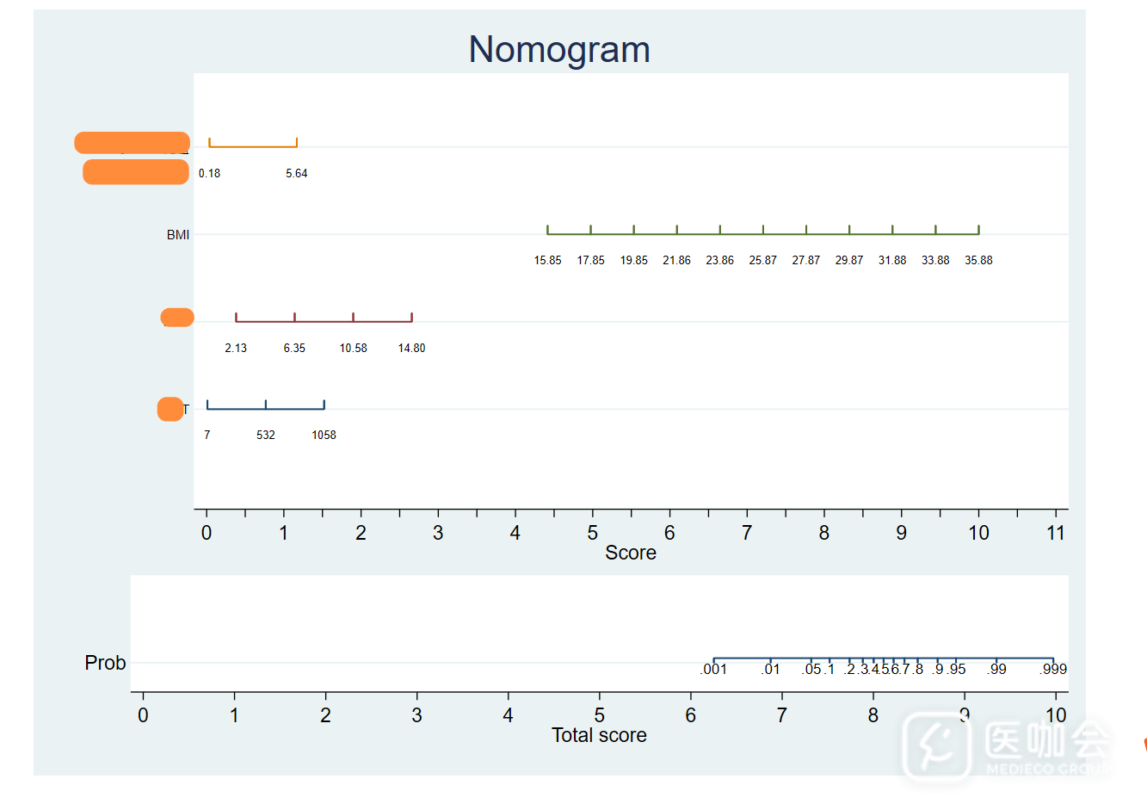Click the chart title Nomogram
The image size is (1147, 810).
tap(559, 50)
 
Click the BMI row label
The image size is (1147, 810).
tap(178, 235)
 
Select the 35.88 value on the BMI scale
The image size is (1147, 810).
tap(978, 260)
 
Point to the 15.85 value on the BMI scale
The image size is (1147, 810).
tap(547, 260)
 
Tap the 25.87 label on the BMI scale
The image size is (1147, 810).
tap(762, 260)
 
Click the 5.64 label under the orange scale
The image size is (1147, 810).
tap(296, 173)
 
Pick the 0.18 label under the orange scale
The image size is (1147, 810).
tap(209, 173)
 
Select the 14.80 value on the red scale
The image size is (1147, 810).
tap(411, 348)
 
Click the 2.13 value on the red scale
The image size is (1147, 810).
tap(236, 348)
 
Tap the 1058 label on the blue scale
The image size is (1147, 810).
tap(324, 435)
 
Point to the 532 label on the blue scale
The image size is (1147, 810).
tap(266, 435)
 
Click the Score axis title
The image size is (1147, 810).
tap(630, 553)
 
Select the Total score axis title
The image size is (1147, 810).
tap(599, 735)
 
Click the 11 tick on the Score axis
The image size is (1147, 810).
tap(1056, 533)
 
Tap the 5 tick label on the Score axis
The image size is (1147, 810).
tap(592, 533)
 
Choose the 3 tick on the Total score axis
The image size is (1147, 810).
tap(416, 715)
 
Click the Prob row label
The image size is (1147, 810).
tap(105, 663)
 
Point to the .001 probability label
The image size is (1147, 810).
tap(713, 669)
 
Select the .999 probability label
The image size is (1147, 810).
tap(1053, 669)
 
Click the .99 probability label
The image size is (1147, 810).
tap(996, 669)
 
